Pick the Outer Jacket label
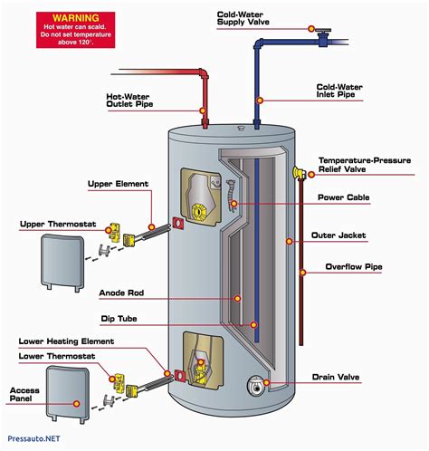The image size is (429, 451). tap(341, 235)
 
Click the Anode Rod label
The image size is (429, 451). tap(121, 292)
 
